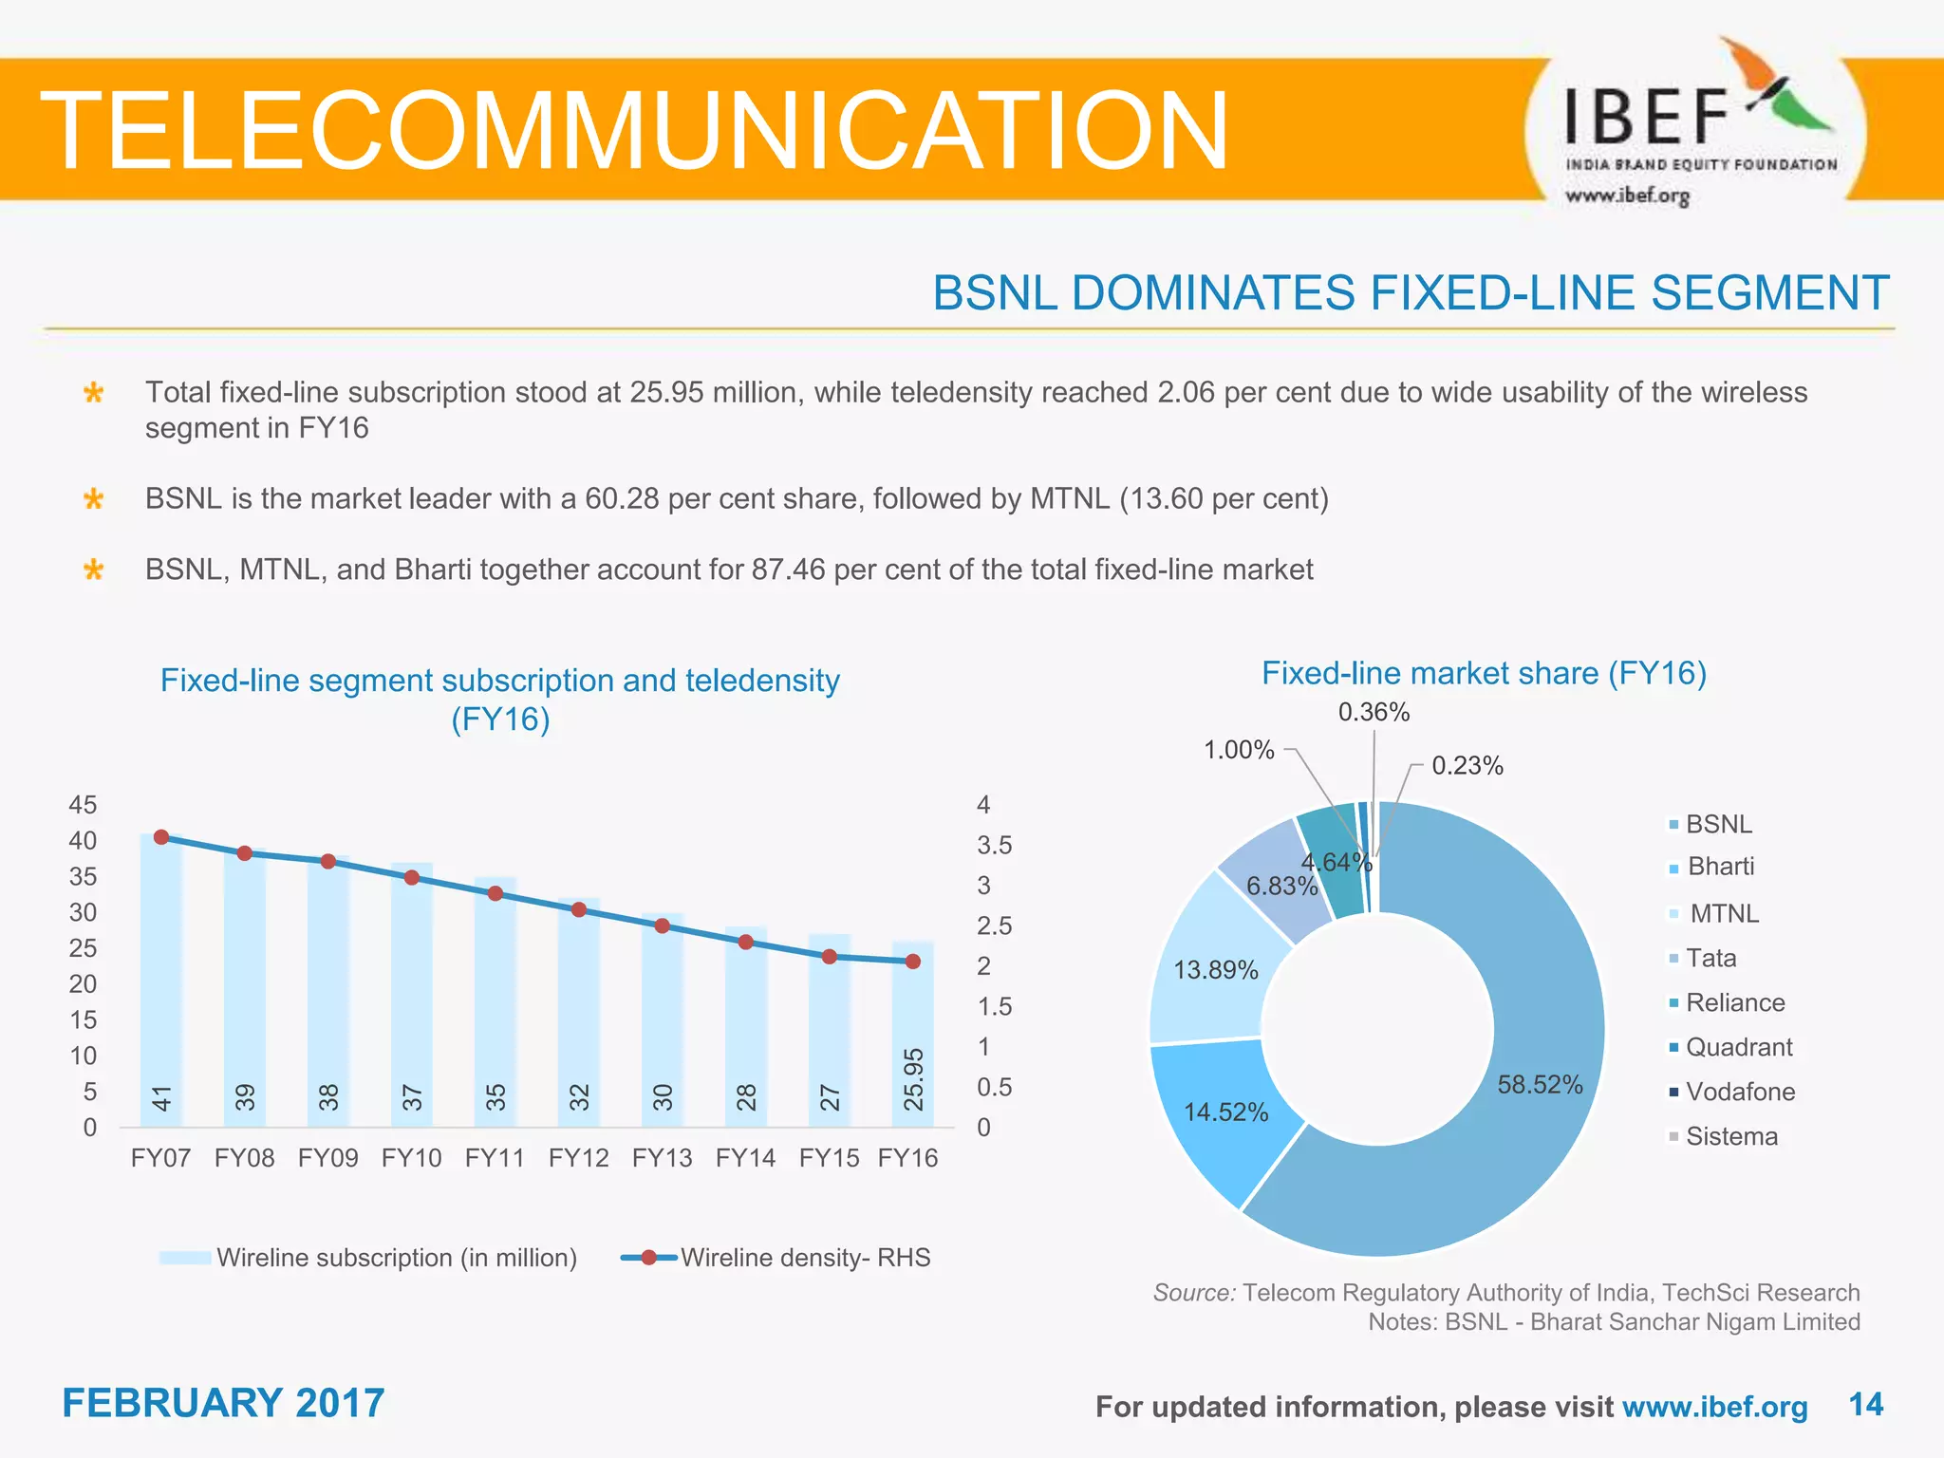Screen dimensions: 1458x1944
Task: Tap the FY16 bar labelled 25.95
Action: (x=913, y=1035)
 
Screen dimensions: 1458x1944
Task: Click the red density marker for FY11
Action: (x=495, y=893)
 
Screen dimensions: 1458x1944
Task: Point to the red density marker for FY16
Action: (x=913, y=962)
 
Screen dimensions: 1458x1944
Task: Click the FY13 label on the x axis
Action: (x=662, y=1158)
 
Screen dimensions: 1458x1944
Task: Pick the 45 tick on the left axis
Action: (x=83, y=805)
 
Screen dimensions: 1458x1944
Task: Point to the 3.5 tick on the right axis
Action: (x=994, y=845)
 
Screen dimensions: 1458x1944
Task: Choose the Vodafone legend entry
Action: (x=1739, y=1092)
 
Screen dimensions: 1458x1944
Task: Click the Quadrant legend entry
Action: (x=1738, y=1047)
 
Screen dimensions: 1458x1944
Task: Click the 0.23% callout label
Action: (x=1467, y=766)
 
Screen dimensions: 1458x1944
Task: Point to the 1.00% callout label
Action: (x=1239, y=750)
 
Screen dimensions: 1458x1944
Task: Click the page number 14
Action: (x=1865, y=1405)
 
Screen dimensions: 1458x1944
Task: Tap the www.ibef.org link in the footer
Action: (x=1714, y=1407)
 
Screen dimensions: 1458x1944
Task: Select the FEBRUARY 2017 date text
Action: (x=223, y=1403)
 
